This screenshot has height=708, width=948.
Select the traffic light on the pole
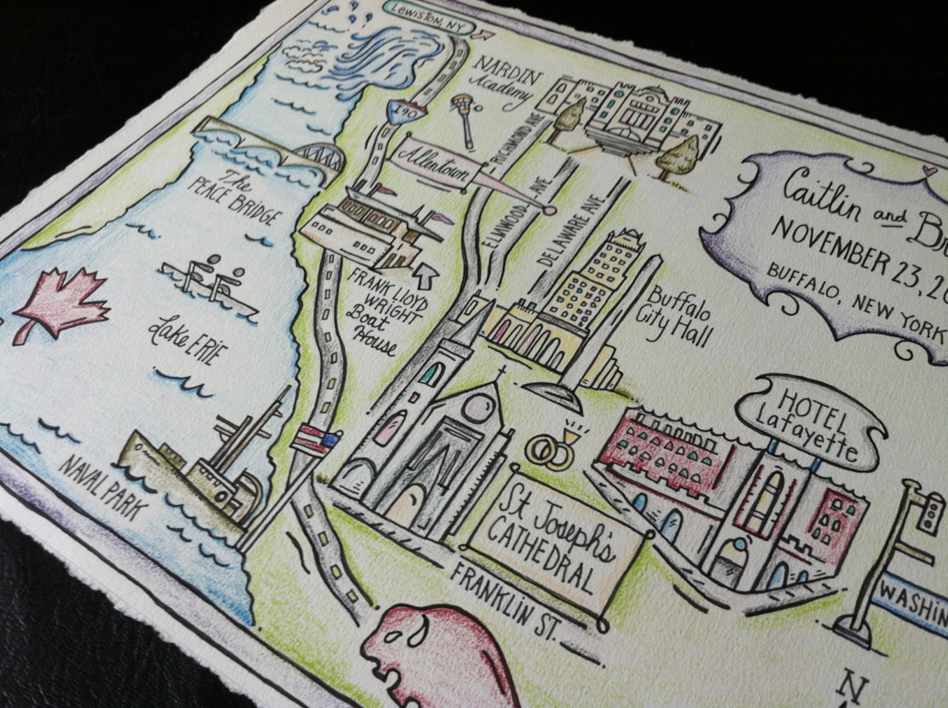927,513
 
